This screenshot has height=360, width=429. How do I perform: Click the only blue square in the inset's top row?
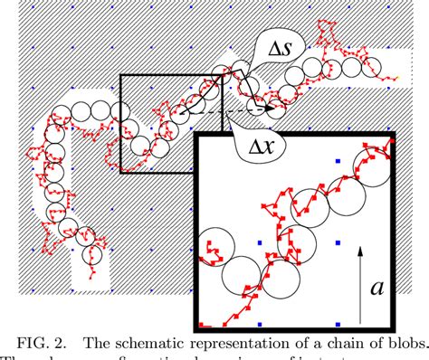pyautogui.click(x=338, y=162)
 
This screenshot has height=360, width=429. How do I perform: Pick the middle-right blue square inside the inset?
pyautogui.click(x=338, y=242)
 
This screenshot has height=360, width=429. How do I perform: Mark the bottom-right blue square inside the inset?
pyautogui.click(x=338, y=323)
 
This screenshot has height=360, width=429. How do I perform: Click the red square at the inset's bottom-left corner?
pyautogui.click(x=202, y=324)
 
